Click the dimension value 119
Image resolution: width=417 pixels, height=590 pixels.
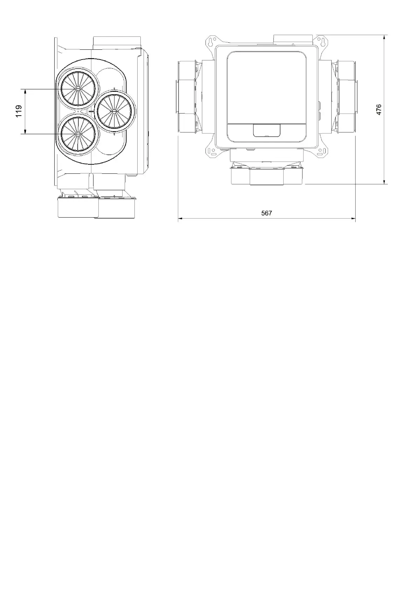[x=19, y=111]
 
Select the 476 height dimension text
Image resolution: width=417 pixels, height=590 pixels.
[x=378, y=109]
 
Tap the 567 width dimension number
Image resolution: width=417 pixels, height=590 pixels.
[x=266, y=213]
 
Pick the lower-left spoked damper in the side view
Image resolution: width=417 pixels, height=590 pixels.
[x=77, y=134]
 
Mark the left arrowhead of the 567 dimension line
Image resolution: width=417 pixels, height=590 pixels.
[x=180, y=219]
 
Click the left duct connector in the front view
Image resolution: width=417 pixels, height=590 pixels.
[x=186, y=97]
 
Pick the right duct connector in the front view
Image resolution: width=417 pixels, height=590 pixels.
[x=347, y=97]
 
